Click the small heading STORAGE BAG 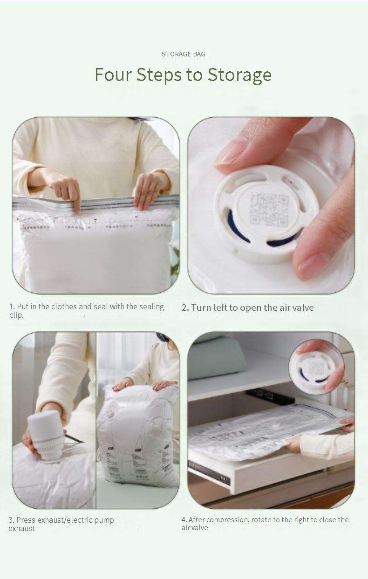click(183, 54)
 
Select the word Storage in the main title click(239, 75)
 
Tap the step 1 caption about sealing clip click(87, 311)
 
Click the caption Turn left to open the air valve click(247, 307)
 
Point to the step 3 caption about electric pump click(61, 524)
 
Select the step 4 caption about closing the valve click(265, 523)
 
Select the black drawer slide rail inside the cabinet click(269, 396)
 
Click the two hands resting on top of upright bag click(140, 384)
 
